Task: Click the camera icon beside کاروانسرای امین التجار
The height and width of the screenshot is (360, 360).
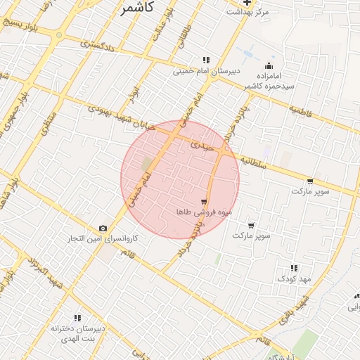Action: pos(103,228)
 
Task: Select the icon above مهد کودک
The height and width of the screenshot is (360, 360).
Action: pos(294,268)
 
